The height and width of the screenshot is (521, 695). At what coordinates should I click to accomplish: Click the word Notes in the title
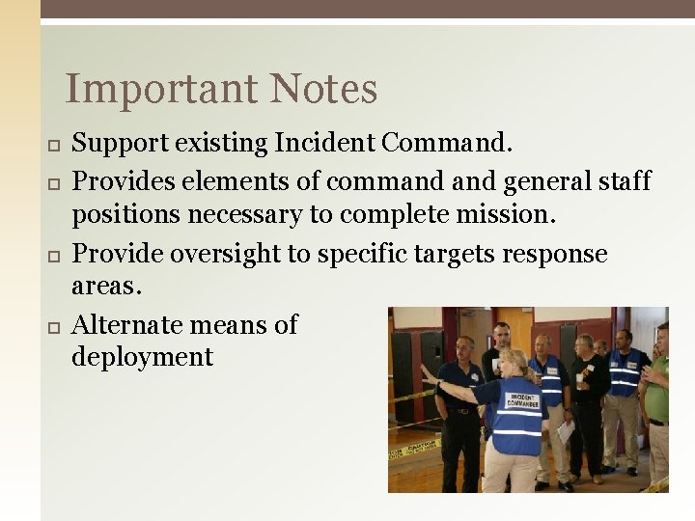click(323, 90)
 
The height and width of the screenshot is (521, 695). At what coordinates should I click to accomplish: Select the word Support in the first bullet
click(121, 145)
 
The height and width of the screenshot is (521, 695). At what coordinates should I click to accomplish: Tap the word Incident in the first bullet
click(325, 144)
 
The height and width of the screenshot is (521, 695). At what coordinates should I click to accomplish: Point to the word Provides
click(124, 181)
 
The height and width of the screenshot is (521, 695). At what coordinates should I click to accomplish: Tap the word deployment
click(142, 358)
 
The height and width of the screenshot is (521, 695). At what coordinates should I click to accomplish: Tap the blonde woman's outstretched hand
click(426, 371)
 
